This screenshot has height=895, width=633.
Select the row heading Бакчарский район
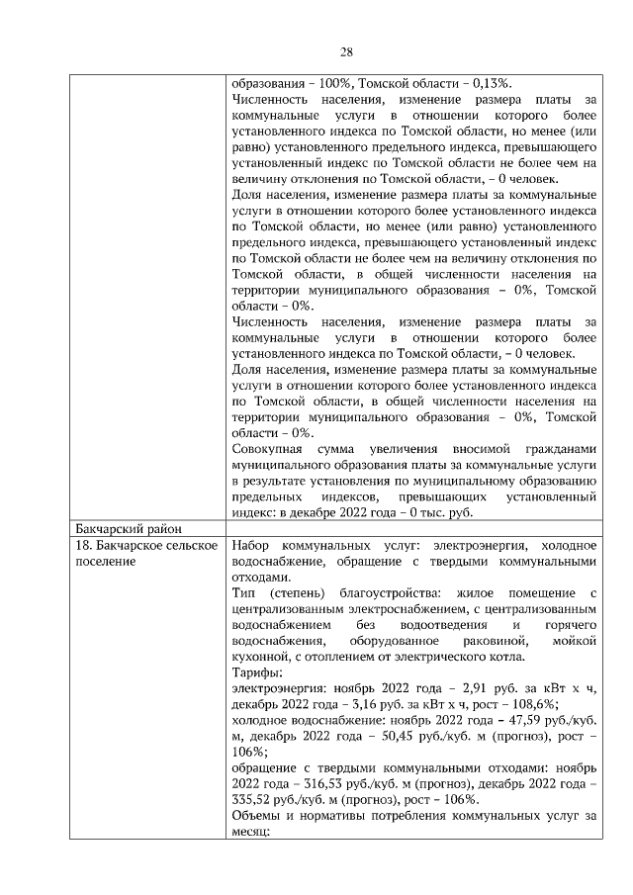(x=126, y=526)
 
